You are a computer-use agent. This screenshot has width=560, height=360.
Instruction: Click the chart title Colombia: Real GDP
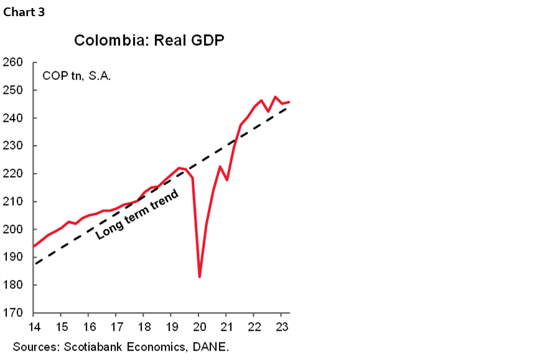click(x=149, y=40)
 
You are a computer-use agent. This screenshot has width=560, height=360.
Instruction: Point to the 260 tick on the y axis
click(x=13, y=63)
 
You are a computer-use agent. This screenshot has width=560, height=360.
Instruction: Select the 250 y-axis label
click(x=13, y=90)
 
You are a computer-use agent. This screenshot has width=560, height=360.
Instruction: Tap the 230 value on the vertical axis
click(x=13, y=146)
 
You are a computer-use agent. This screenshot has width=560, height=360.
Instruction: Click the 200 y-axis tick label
click(x=13, y=229)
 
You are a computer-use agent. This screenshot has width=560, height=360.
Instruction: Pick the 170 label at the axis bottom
click(x=13, y=313)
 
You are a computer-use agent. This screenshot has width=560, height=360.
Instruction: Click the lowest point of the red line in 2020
click(x=199, y=277)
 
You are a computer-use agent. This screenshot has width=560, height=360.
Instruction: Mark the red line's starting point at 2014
click(x=34, y=246)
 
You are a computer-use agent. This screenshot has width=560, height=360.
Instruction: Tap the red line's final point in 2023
click(x=289, y=102)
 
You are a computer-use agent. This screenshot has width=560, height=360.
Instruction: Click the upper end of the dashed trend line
click(x=289, y=106)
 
